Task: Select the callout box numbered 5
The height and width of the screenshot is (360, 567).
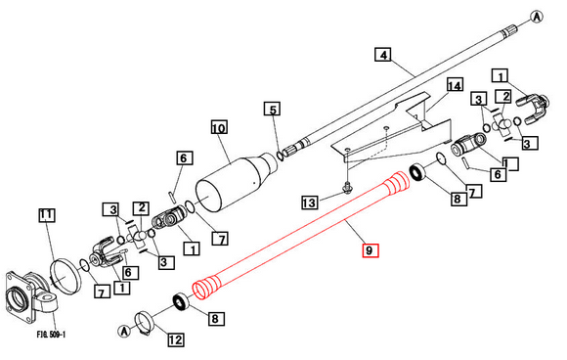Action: [x=273, y=109]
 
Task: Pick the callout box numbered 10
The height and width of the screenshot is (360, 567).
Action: [x=218, y=127]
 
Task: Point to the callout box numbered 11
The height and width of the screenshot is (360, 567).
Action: [x=47, y=214]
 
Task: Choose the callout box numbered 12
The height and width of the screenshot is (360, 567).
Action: [x=175, y=339]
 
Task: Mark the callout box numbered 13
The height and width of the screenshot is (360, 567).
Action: [x=309, y=202]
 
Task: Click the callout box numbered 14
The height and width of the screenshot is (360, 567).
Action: [x=453, y=86]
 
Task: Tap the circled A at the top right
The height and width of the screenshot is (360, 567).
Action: [x=537, y=16]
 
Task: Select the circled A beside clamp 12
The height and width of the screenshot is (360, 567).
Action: [x=124, y=330]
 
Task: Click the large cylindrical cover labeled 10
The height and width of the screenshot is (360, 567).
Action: [x=231, y=180]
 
